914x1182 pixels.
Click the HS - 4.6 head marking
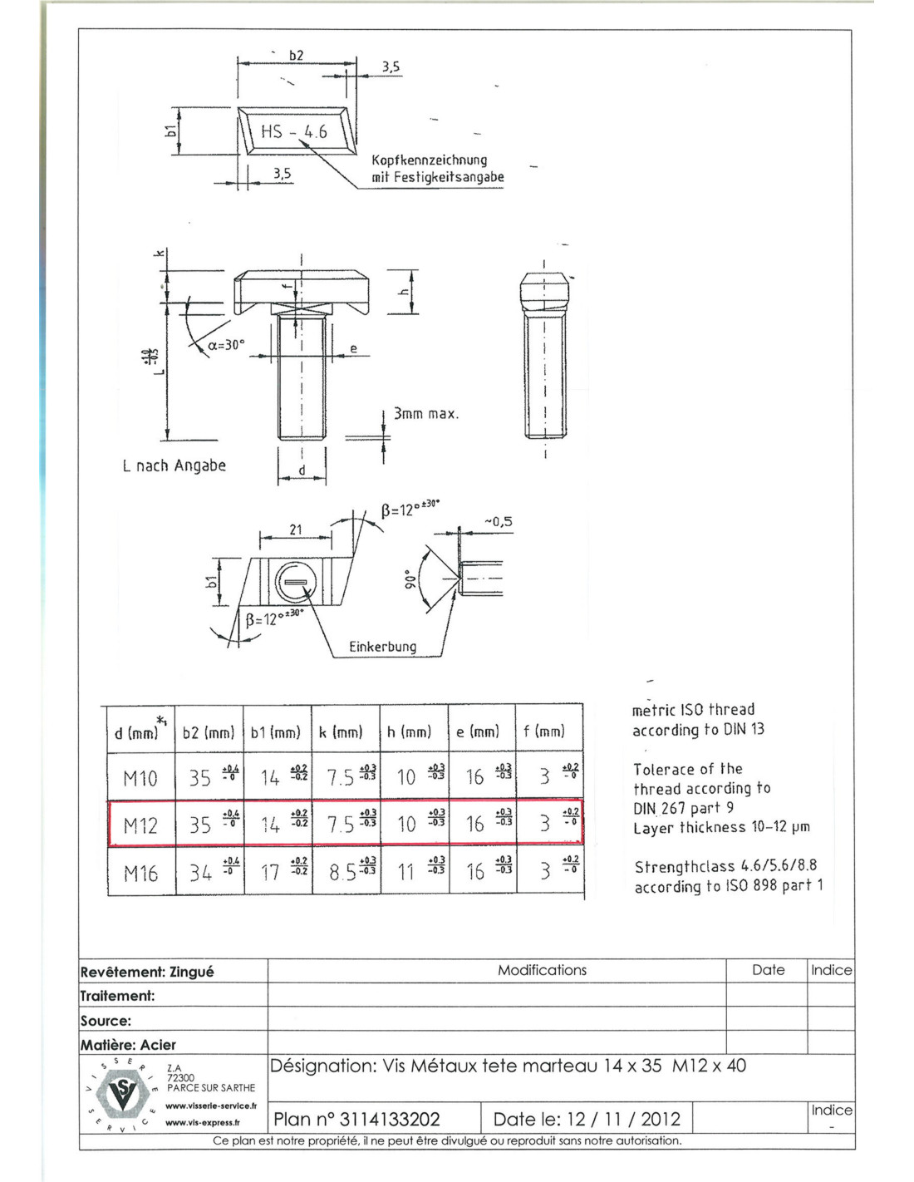coord(294,131)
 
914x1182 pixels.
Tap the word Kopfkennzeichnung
coord(429,160)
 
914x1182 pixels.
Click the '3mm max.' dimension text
coord(425,413)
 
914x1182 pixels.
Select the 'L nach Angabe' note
coord(174,465)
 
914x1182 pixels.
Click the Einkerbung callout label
coord(382,646)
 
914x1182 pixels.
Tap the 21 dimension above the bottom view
coord(296,529)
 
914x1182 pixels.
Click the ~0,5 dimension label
coord(498,522)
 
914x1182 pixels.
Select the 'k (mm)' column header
coord(341,731)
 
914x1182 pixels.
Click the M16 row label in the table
coord(140,873)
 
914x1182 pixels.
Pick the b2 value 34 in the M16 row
coord(200,873)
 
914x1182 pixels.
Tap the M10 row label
coord(140,778)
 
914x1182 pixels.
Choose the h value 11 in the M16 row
coord(405,873)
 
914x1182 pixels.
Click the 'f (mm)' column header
coord(544,731)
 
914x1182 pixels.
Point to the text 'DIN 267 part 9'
coord(683,808)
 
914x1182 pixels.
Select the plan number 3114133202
coord(356,1119)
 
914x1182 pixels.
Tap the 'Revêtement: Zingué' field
coord(147,972)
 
